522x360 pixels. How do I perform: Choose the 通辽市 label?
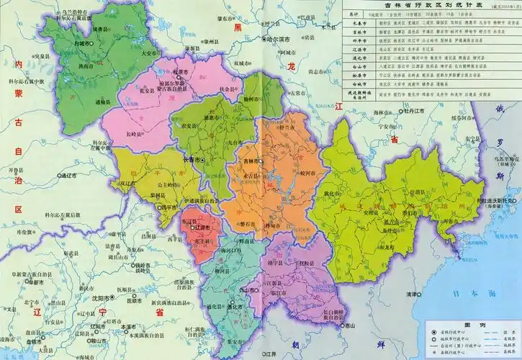click(x=72, y=175)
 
